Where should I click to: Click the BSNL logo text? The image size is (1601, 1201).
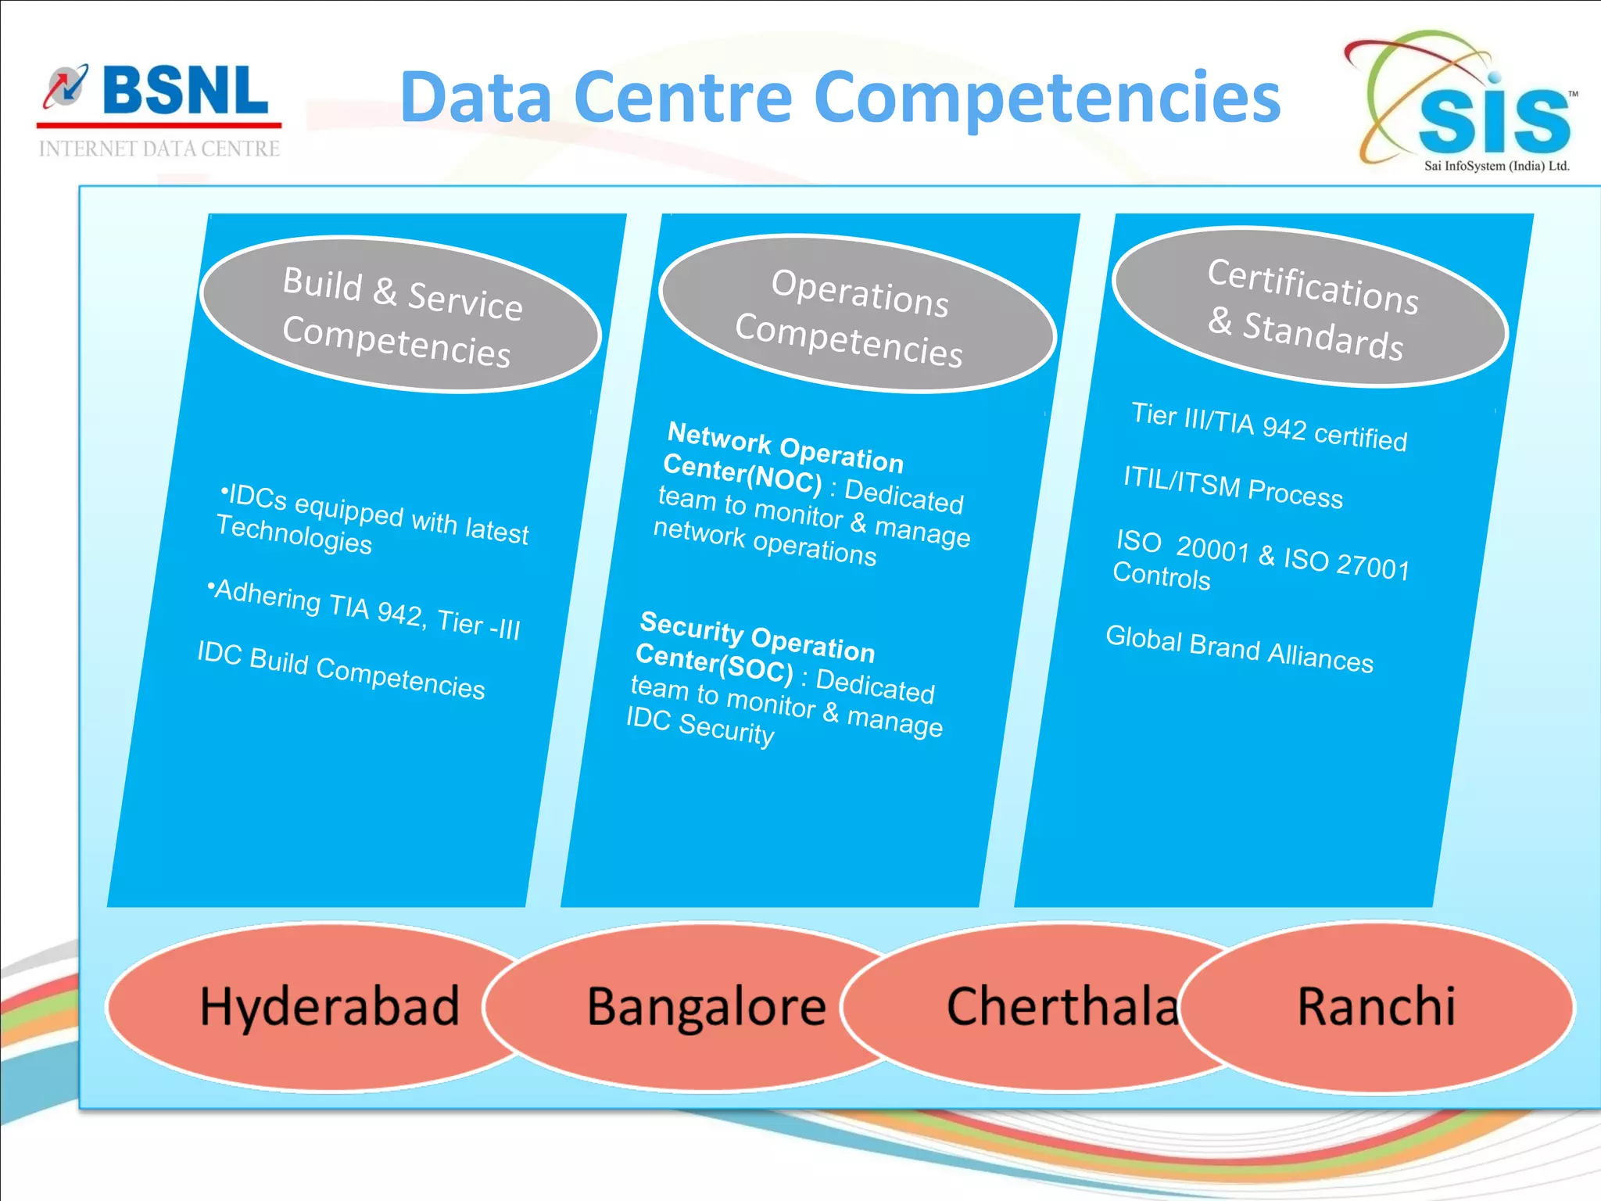pyautogui.click(x=184, y=91)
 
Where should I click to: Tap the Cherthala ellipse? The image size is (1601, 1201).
pyautogui.click(x=1048, y=1007)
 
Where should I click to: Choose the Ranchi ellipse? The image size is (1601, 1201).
pyautogui.click(x=1376, y=1007)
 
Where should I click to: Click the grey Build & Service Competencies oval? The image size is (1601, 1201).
pyautogui.click(x=400, y=314)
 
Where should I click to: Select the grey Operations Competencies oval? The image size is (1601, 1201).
pyautogui.click(x=857, y=314)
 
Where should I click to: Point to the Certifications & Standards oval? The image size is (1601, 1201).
pyautogui.click(x=1310, y=307)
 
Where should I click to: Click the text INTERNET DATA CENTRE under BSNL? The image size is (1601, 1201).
pyautogui.click(x=159, y=149)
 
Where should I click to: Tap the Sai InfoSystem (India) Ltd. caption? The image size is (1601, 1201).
pyautogui.click(x=1496, y=166)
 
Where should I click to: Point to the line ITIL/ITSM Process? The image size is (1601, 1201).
pyautogui.click(x=1233, y=486)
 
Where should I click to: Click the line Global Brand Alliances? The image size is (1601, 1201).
pyautogui.click(x=1239, y=649)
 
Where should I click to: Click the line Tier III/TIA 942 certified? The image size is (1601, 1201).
pyautogui.click(x=1269, y=426)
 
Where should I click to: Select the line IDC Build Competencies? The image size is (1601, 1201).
pyautogui.click(x=341, y=669)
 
